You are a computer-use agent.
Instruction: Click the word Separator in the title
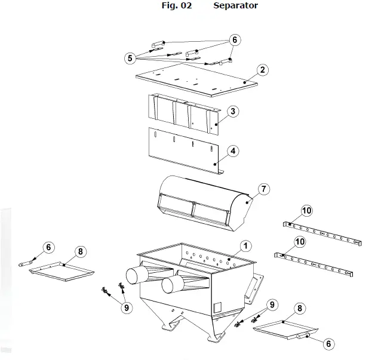coord(236,6)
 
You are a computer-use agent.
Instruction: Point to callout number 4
coord(233,151)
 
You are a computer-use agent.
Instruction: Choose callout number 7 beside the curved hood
coord(263,189)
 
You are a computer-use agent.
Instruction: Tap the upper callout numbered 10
coord(306,210)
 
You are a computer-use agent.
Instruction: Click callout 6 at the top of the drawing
coord(235,40)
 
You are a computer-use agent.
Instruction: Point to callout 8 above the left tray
coord(81,251)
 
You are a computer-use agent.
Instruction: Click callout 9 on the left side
coord(126,307)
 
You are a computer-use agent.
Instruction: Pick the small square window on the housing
coord(217,307)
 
